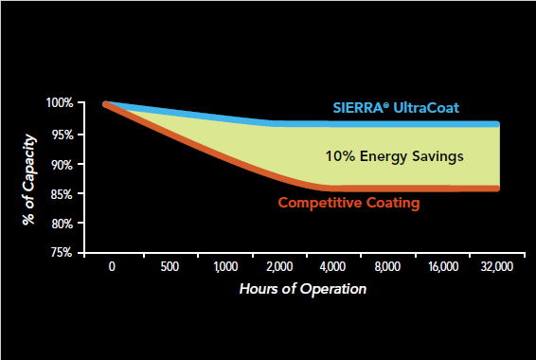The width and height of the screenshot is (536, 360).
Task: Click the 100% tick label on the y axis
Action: click(60, 102)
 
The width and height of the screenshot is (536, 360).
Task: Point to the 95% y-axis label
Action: click(63, 135)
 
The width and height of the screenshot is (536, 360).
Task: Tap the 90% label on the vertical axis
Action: click(63, 165)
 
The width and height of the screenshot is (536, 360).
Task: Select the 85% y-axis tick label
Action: click(63, 194)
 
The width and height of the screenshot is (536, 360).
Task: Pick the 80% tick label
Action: click(63, 224)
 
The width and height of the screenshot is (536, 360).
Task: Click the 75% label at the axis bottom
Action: click(62, 253)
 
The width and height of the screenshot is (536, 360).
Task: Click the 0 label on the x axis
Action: click(112, 266)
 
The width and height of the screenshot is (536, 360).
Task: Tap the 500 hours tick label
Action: click(170, 266)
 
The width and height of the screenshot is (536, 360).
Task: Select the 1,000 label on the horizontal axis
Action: click(226, 266)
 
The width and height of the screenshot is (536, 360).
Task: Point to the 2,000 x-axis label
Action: click(279, 266)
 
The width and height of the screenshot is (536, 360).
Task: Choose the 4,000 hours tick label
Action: click(333, 266)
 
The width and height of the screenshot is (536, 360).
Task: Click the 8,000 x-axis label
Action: click(387, 266)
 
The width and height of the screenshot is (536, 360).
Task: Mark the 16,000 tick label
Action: click(444, 266)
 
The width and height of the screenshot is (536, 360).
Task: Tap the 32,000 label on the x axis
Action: click(497, 266)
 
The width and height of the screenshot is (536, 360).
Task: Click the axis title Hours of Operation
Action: click(303, 289)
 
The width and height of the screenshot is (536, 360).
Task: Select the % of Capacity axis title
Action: click(29, 179)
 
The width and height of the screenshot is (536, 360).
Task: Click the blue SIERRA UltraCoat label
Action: click(396, 108)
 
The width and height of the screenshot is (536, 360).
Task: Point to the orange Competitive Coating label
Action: click(348, 203)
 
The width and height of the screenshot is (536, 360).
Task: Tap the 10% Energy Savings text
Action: click(395, 156)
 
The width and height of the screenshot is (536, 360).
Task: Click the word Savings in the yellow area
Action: click(438, 157)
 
